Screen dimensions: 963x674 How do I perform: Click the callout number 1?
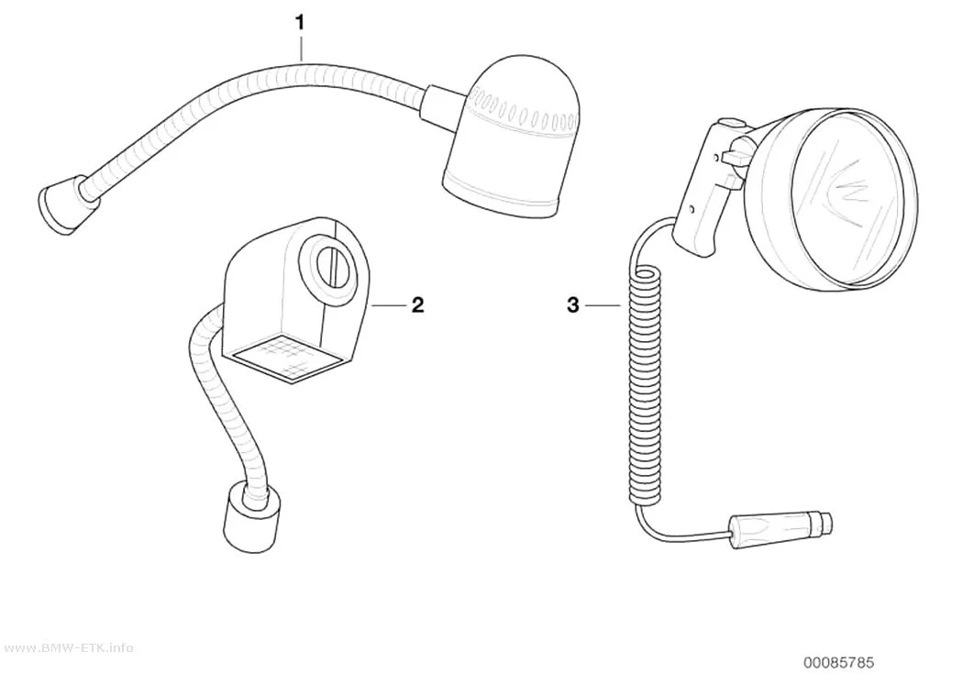pos(300,23)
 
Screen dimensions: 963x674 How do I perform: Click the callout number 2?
pos(417,304)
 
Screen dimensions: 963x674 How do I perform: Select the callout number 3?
pos(573,304)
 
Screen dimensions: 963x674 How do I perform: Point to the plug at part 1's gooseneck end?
pos(61,204)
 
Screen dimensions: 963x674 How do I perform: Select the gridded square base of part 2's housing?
pos(287,358)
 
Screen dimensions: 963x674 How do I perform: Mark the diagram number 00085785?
pos(839,662)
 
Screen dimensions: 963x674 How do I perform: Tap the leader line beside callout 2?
pos(388,305)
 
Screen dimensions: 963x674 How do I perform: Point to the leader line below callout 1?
pos(300,48)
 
